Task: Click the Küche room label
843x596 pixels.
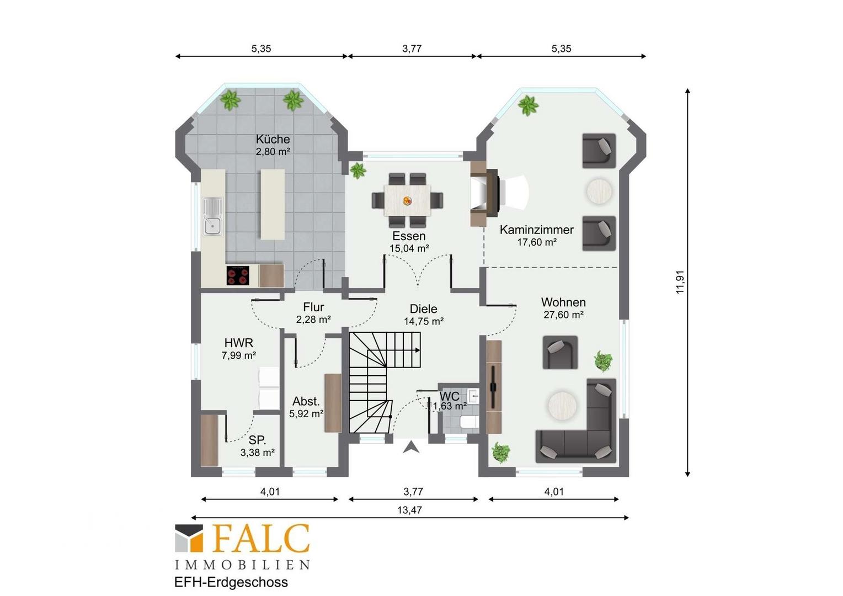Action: click(273, 139)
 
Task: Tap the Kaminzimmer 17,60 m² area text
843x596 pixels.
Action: click(537, 242)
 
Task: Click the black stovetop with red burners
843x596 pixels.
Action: click(237, 275)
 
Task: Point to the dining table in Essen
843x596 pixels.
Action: click(407, 200)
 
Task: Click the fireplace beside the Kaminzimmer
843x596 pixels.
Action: click(485, 194)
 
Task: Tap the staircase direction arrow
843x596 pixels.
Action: click(417, 350)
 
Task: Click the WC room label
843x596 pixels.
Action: click(449, 396)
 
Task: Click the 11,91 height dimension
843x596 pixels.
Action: click(679, 282)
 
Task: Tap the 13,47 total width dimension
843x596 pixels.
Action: click(409, 510)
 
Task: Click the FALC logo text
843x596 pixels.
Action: click(262, 539)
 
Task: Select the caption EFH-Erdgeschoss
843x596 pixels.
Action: click(231, 582)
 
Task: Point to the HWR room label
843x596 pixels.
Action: click(238, 343)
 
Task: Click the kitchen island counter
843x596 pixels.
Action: click(273, 204)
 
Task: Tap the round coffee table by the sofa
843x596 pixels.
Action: click(562, 406)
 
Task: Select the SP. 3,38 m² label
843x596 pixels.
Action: click(258, 446)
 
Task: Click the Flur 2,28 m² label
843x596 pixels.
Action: click(313, 313)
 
